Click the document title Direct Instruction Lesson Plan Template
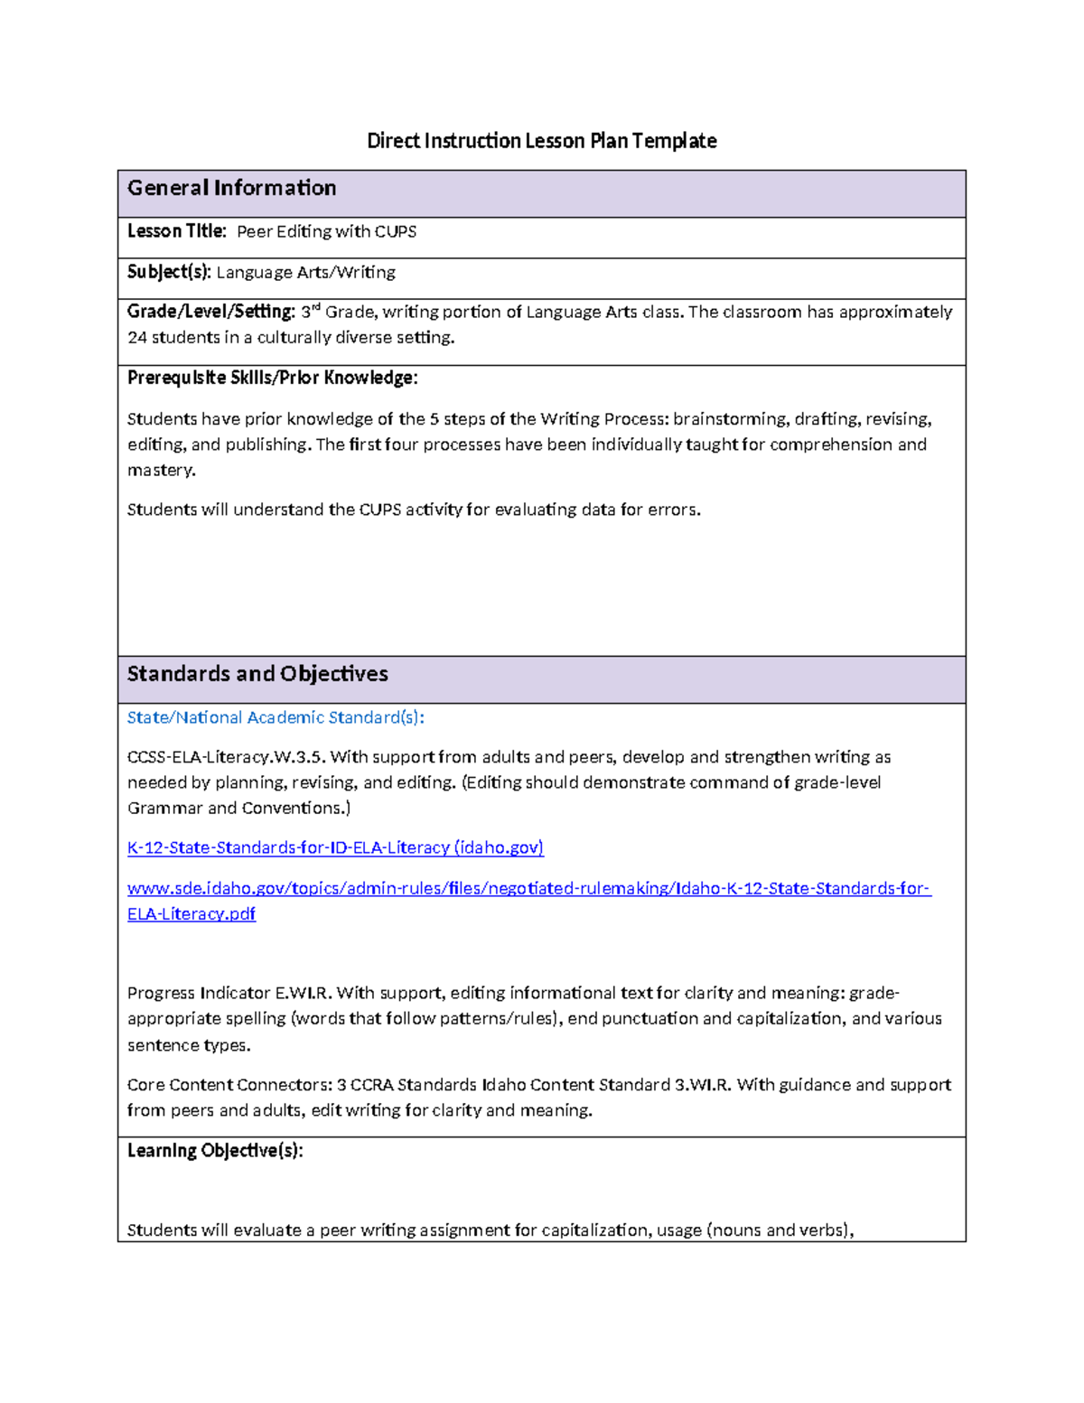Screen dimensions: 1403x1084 pos(541,141)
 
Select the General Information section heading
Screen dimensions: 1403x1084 pos(231,188)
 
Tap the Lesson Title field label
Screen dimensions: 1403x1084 pos(176,231)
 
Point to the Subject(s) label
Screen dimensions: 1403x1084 pos(169,272)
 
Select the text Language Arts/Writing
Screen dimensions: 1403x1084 pos(305,273)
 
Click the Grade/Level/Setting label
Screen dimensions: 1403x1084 pos(210,312)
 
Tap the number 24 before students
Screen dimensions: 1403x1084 pos(136,338)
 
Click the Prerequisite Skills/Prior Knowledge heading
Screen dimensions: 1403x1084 pos(272,378)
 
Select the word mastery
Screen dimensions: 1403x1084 pos(160,471)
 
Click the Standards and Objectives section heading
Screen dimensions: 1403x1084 pos(257,674)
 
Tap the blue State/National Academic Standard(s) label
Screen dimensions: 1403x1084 pos(276,717)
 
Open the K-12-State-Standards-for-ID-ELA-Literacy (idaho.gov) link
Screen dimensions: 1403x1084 pos(335,847)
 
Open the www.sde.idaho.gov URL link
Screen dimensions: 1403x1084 pos(528,889)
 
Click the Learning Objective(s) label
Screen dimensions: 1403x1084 pos(215,1151)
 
